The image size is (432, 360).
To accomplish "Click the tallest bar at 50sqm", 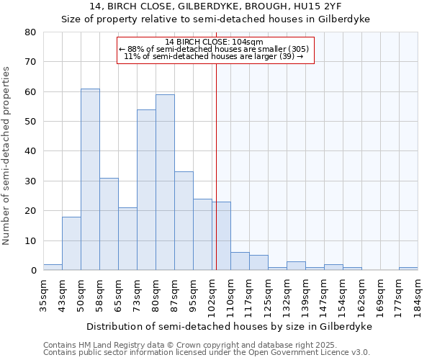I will (x=90, y=179).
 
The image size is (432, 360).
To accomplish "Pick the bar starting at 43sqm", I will (x=71, y=243).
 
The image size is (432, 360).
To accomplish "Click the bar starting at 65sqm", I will (x=127, y=238).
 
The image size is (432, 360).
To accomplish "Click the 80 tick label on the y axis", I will (x=30, y=32).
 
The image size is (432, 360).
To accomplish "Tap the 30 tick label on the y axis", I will (x=30, y=181).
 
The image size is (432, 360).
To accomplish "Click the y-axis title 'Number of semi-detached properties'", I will (x=6, y=155).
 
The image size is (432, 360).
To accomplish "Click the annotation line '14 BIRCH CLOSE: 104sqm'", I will (x=214, y=42).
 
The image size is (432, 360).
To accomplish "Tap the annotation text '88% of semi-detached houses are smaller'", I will (x=214, y=49).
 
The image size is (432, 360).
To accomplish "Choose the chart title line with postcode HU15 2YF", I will (x=215, y=6).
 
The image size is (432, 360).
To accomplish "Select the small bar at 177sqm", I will (x=408, y=269).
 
